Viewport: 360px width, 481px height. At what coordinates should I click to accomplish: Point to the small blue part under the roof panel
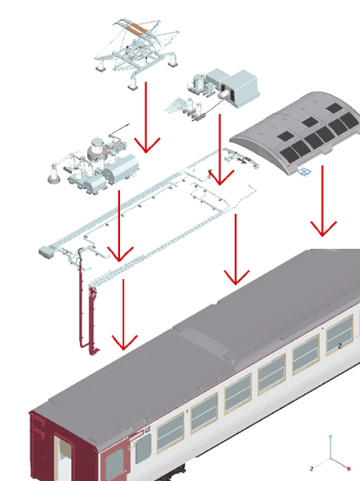[303, 173]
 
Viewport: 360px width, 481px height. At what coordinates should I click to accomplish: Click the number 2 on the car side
[340, 345]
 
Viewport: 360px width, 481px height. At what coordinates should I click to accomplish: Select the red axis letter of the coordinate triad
[349, 469]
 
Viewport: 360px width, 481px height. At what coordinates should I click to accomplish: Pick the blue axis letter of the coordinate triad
[311, 469]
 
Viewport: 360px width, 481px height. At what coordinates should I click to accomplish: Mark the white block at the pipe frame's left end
[45, 251]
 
